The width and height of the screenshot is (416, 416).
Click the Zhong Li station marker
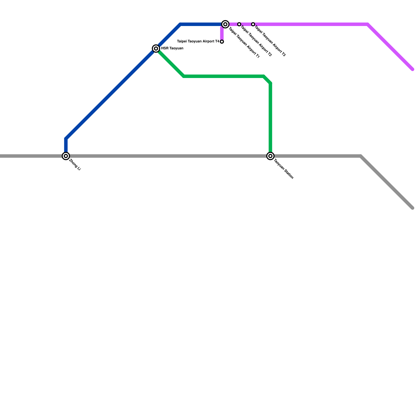[x=66, y=156]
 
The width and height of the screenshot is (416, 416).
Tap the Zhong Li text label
[x=75, y=165]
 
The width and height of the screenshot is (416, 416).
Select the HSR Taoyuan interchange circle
[x=156, y=48]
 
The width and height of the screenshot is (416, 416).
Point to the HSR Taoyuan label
[x=172, y=48]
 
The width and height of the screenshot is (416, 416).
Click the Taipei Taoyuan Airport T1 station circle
[x=225, y=24]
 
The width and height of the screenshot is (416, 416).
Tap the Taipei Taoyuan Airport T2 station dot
[x=239, y=24]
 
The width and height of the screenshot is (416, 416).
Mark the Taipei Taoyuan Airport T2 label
[x=256, y=41]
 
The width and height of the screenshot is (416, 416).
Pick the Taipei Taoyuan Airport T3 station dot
[x=253, y=24]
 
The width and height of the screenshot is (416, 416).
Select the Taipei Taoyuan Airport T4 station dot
[x=222, y=42]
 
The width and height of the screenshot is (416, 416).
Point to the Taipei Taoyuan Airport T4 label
[x=198, y=41]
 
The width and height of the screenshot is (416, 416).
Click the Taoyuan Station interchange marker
[x=270, y=156]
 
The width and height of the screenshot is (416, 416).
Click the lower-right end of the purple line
[x=413, y=69]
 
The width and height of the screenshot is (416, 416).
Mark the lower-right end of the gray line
[x=413, y=208]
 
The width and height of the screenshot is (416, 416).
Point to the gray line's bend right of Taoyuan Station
[x=361, y=156]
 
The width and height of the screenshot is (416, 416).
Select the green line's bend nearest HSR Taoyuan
[x=184, y=76]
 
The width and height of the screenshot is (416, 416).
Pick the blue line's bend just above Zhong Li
[x=66, y=139]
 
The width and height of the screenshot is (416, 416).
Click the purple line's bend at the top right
[x=368, y=24]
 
